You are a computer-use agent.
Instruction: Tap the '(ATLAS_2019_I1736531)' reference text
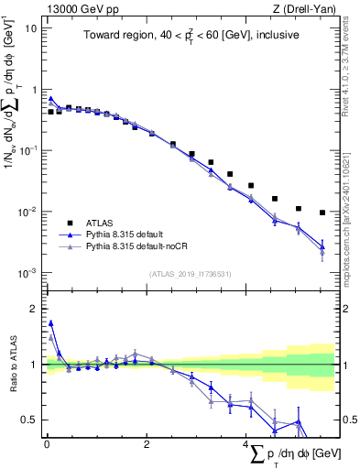point(190,274)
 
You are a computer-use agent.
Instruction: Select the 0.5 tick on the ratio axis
point(30,420)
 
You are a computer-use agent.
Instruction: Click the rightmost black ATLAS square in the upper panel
point(322,213)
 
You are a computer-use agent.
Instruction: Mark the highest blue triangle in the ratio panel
point(50,322)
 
